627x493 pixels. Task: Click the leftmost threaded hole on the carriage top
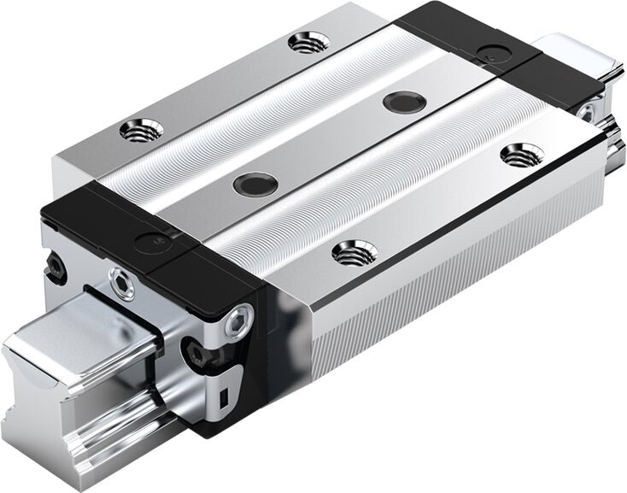142,130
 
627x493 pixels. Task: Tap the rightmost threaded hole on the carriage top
522,155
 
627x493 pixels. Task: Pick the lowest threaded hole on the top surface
355,252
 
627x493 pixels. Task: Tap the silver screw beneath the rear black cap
589,112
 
